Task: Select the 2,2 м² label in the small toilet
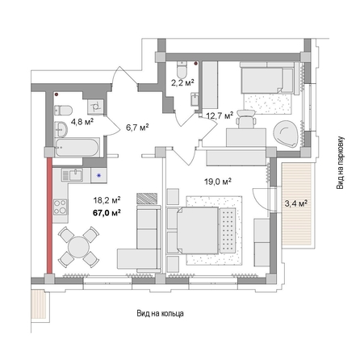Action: pyautogui.click(x=182, y=82)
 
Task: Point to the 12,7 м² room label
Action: pyautogui.click(x=220, y=115)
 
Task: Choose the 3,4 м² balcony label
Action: pyautogui.click(x=297, y=203)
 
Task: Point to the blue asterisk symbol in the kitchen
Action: pyautogui.click(x=98, y=174)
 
